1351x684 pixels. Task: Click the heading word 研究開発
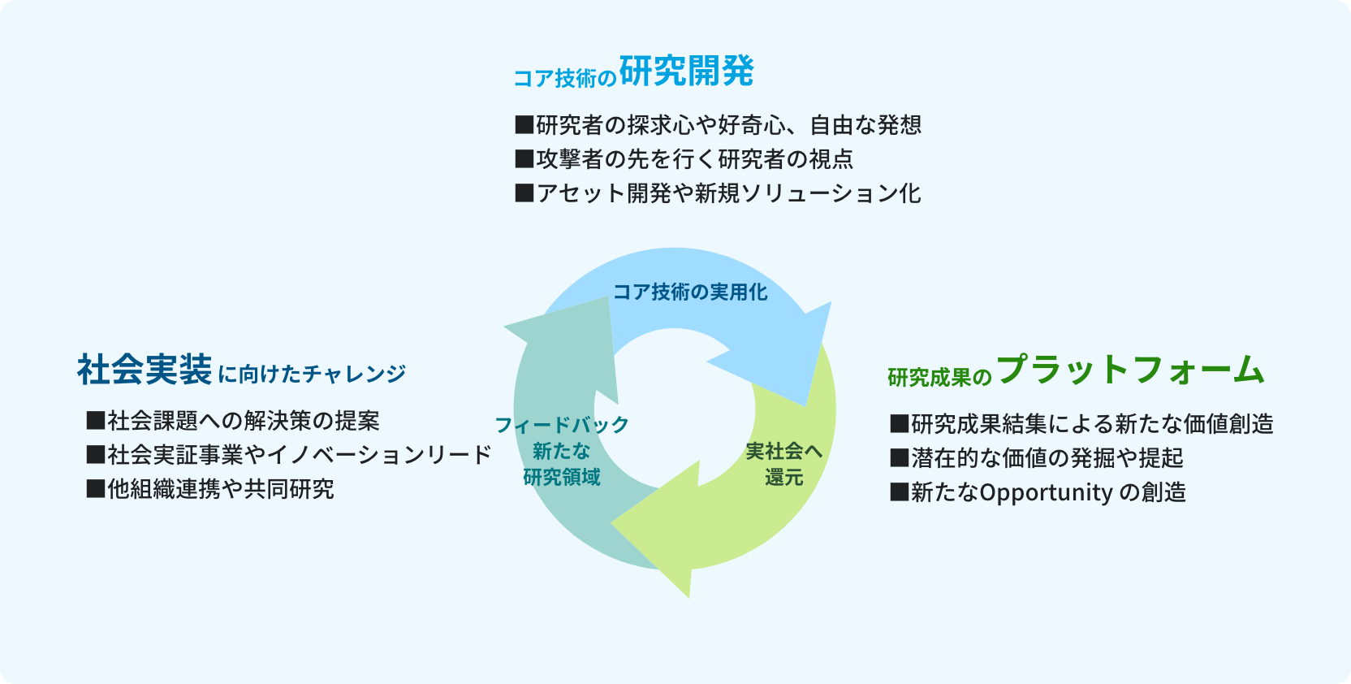coord(686,71)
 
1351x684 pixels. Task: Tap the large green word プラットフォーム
coord(1129,370)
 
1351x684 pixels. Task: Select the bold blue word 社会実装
coord(145,370)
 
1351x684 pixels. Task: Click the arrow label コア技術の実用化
coord(689,292)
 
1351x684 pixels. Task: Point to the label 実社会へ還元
coord(783,464)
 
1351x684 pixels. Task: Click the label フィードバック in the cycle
coord(562,425)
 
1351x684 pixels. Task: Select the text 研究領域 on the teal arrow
coord(562,477)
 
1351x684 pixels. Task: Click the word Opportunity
coord(1046,492)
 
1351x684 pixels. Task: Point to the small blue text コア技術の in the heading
coord(565,78)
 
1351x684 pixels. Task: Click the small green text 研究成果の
coord(939,378)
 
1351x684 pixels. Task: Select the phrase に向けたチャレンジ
coord(312,374)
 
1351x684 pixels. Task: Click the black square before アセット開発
coord(524,193)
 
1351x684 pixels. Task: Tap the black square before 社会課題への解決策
coord(96,421)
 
